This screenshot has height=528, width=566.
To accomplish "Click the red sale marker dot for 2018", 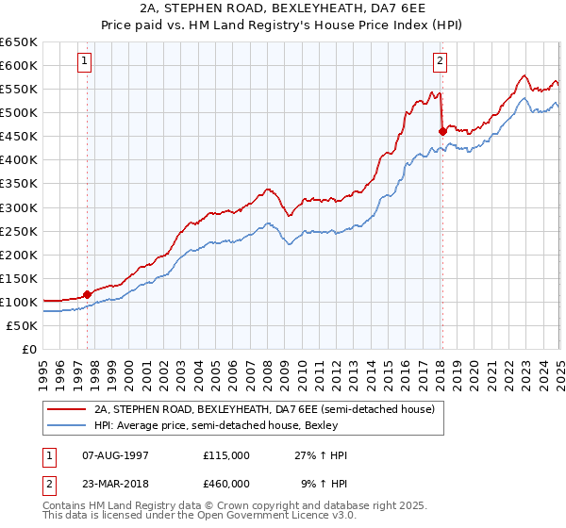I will (x=442, y=131).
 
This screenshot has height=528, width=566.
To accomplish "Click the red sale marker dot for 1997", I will (x=88, y=294).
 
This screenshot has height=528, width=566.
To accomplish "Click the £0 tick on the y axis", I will (x=30, y=349).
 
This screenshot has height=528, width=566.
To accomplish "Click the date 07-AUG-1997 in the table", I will (x=115, y=455).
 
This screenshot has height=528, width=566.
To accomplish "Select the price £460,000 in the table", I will (x=226, y=483).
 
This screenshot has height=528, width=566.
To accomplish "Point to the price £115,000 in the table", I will (x=226, y=455).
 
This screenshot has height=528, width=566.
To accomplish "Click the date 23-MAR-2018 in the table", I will (x=116, y=483).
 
